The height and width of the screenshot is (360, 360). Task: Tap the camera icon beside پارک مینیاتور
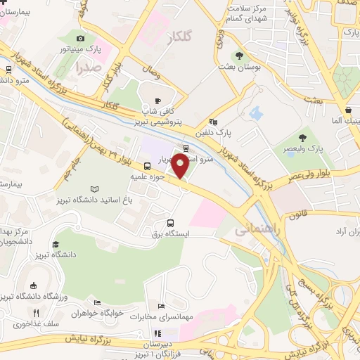(80, 38)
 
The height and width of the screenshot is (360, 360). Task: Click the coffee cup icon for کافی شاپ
(157, 100)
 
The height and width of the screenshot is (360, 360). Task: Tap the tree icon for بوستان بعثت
(239, 56)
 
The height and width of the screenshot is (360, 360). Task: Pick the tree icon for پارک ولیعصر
(303, 137)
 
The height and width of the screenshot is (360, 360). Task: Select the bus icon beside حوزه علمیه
(147, 167)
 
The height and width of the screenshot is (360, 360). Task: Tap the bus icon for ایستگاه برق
(170, 223)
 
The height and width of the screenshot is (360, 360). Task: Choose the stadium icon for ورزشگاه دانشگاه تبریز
(34, 285)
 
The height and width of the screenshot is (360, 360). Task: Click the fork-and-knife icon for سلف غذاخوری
(35, 312)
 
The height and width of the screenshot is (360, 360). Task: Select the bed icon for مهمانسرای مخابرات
(162, 306)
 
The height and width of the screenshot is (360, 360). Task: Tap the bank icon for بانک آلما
(349, 110)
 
